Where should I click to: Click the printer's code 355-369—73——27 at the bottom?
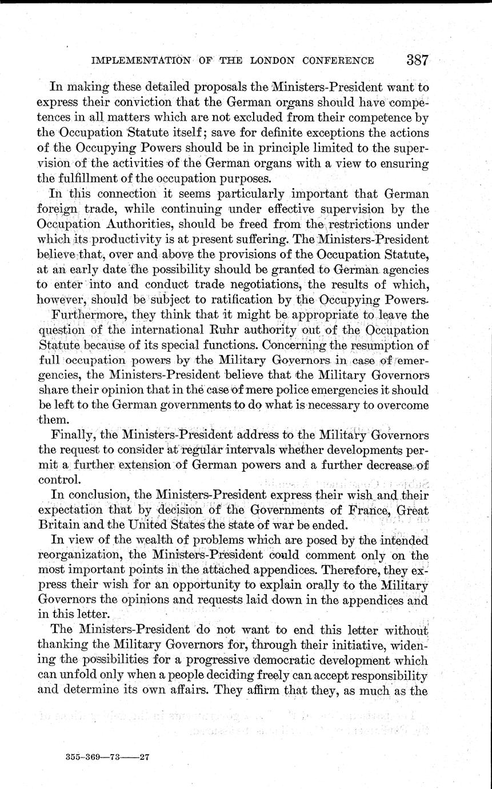[107, 756]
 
